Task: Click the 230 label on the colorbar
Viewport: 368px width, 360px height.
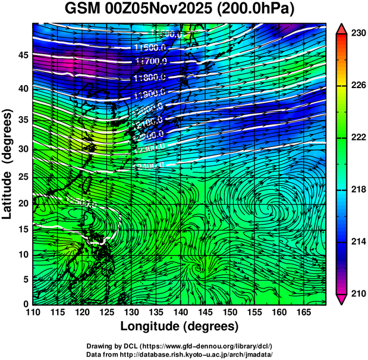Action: tap(357, 34)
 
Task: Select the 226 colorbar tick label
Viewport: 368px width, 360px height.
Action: tap(357, 86)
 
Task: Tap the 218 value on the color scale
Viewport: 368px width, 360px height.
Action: tap(357, 189)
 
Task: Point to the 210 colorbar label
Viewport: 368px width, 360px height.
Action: tap(357, 293)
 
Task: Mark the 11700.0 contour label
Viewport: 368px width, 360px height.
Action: tap(151, 61)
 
